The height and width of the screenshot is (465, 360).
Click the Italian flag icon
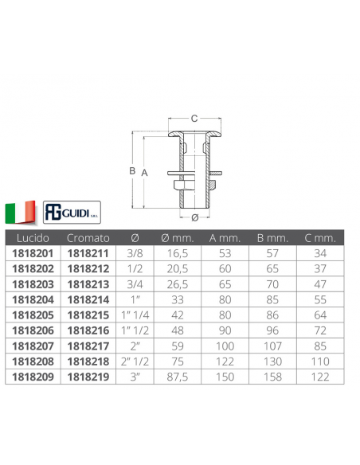20,212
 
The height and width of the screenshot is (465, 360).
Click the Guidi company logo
72,213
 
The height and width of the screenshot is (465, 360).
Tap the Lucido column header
33,238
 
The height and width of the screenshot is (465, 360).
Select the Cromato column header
88,238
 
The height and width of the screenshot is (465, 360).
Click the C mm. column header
320,238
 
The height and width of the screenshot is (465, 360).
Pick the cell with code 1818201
33,253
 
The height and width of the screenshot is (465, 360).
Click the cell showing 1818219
88,377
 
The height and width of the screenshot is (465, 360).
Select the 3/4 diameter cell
135,284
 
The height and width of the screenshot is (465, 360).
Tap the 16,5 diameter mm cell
178,253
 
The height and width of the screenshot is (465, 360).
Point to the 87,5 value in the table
178,377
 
